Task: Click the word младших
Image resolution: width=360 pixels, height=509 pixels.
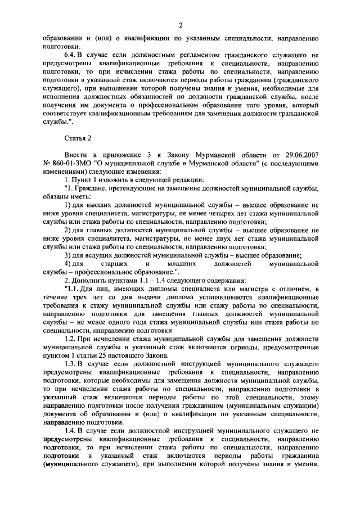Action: (181, 264)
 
